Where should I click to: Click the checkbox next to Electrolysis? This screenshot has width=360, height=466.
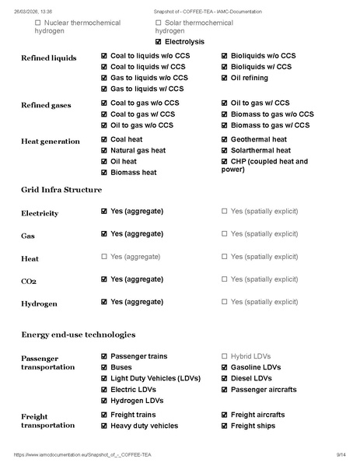click(x=159, y=41)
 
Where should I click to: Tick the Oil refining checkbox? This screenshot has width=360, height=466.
click(x=225, y=78)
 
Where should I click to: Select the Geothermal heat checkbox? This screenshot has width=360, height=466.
click(x=225, y=139)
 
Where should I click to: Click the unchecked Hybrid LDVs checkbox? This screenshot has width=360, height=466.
click(x=225, y=356)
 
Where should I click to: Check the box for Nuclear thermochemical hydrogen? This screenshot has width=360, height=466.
click(x=38, y=23)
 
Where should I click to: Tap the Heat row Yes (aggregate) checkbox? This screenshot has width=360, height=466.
click(x=104, y=256)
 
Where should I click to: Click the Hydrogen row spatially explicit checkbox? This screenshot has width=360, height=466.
click(x=225, y=301)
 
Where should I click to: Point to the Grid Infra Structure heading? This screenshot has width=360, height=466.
click(x=61, y=189)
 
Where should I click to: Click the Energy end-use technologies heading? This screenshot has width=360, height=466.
click(x=78, y=334)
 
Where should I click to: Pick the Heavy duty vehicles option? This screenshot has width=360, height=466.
click(x=144, y=426)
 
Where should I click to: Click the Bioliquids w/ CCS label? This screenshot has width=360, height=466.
click(x=261, y=67)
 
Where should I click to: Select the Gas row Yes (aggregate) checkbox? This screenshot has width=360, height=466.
click(x=104, y=233)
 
